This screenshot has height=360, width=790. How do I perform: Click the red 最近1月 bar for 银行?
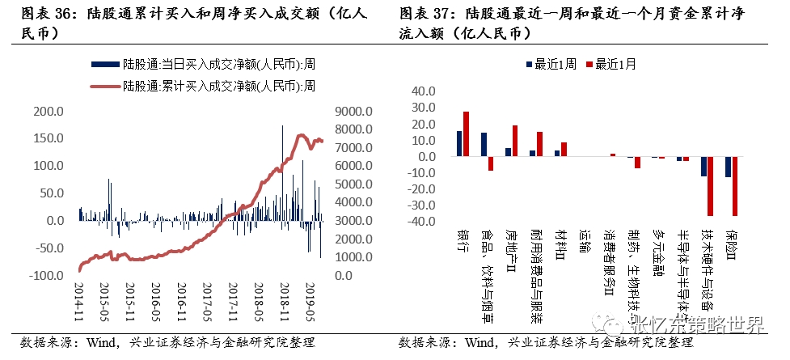coord(466,133)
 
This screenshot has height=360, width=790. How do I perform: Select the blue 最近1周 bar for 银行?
coord(459,143)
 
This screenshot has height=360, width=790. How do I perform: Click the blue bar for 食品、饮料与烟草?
coord(484,144)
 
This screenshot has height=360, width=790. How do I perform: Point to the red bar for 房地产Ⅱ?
coord(515,141)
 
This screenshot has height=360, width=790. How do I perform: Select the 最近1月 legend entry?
coord(614,66)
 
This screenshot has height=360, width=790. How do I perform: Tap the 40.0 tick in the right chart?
coord(424,91)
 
